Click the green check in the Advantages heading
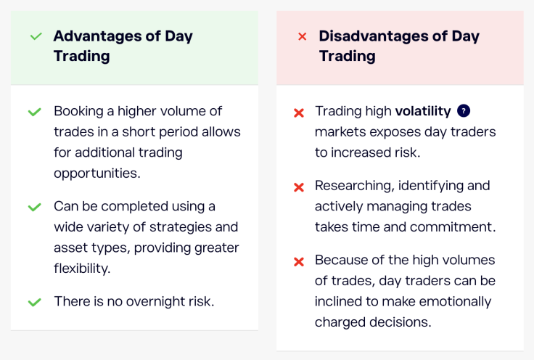[x=36, y=36]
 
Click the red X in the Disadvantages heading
[x=303, y=36]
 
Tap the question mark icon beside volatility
[x=464, y=111]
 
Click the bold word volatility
[x=423, y=111]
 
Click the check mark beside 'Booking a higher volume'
[x=34, y=112]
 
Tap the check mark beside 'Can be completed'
[x=34, y=207]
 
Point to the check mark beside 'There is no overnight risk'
[x=34, y=301]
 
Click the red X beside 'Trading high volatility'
[x=298, y=112]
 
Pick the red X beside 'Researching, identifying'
[x=298, y=187]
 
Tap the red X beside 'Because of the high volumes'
[x=298, y=261]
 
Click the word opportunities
[x=96, y=174]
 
